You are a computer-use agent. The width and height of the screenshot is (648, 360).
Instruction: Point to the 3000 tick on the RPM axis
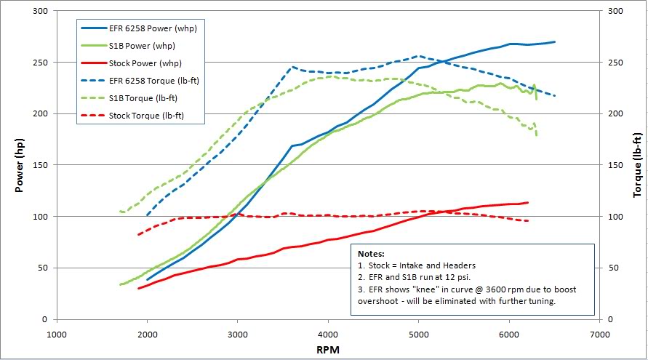[x=238, y=334]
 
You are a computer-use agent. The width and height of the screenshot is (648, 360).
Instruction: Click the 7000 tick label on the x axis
[x=599, y=334]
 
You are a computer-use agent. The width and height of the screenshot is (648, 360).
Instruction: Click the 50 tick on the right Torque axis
[x=615, y=268]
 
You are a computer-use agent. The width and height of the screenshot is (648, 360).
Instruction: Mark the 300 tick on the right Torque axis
[x=617, y=11]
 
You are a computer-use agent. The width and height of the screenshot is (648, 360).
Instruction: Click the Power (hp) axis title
[x=20, y=165]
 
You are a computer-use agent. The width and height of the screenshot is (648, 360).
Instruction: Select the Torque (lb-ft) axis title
[x=637, y=165]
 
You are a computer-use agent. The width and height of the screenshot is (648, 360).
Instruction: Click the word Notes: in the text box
[x=373, y=254]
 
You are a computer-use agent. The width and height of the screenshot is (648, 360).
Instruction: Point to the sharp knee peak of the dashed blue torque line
[x=292, y=67]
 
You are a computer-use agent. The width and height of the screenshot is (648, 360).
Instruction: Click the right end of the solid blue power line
[x=555, y=42]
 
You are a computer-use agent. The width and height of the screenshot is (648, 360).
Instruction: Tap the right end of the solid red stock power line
[x=528, y=202]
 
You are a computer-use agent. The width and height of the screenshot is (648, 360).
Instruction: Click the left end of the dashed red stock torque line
[x=138, y=234]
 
